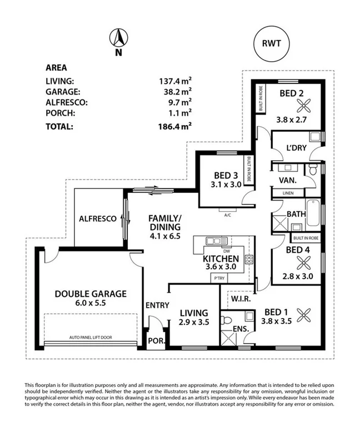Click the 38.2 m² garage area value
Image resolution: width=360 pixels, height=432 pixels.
(x=175, y=91)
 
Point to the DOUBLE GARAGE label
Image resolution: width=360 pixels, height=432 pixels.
(x=91, y=294)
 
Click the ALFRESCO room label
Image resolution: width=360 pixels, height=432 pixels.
(x=97, y=219)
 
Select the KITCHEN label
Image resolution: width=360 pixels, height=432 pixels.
(x=221, y=259)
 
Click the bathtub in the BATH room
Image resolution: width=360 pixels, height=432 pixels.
(x=312, y=213)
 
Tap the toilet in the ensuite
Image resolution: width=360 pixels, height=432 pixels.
(x=226, y=321)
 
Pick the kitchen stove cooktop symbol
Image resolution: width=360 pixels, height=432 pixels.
(x=248, y=259)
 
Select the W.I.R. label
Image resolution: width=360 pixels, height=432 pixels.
(x=241, y=299)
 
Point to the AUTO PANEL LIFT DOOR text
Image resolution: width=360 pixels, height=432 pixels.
(x=90, y=337)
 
